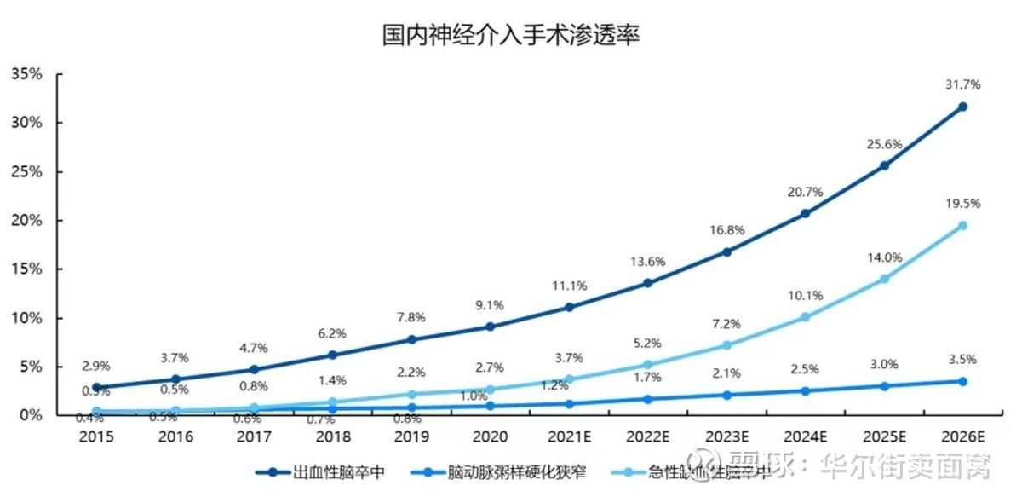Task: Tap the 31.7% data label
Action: pos(962,84)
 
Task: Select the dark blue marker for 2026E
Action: pos(962,107)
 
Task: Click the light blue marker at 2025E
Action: pos(884,279)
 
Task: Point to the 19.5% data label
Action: pos(962,204)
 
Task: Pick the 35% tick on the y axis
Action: pos(26,74)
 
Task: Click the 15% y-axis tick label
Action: pos(26,269)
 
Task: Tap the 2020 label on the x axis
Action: pos(491,437)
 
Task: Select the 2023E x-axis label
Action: pos(726,437)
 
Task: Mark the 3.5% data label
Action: pos(962,360)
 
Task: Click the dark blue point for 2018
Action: pos(333,355)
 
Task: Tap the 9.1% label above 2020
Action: pos(491,305)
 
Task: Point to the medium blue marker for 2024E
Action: pos(805,390)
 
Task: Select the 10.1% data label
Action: pos(805,296)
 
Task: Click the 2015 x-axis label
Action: pos(97,437)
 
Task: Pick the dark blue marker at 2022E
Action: pos(648,283)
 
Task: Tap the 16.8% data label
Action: pos(726,230)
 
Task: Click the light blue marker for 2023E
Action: pos(726,345)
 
